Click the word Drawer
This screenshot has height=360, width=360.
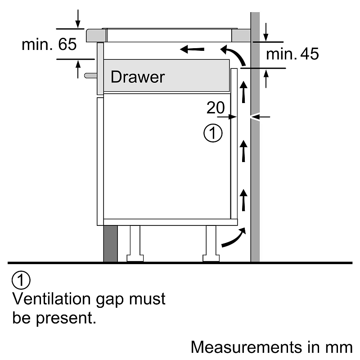click(138, 77)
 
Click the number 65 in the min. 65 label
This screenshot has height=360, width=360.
click(67, 45)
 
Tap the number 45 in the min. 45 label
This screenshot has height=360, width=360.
click(309, 54)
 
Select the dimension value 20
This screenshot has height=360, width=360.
click(216, 108)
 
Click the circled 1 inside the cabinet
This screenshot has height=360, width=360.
click(213, 134)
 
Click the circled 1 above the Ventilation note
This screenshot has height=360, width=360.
click(21, 280)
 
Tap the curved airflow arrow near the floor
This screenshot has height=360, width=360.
click(234, 238)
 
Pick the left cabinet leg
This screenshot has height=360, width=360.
click(135, 243)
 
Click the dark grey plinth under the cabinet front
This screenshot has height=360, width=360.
click(110, 243)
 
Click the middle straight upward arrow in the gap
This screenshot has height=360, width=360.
click(243, 151)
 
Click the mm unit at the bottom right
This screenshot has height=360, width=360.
click(341, 347)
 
